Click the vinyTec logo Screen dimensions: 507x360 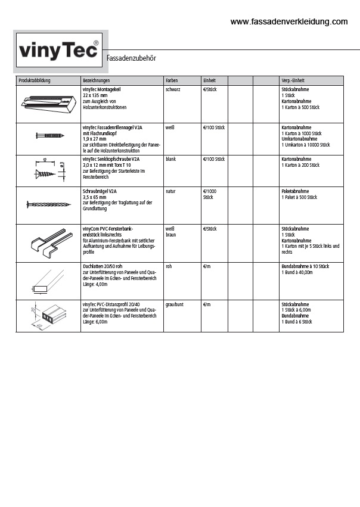pyautogui.click(x=58, y=51)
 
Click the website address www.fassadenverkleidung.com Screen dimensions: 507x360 pyautogui.click(x=288, y=21)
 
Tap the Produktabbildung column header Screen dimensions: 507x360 pyautogui.click(x=35, y=80)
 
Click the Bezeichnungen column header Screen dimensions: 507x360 pyautogui.click(x=96, y=80)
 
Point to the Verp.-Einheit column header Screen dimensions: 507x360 pyautogui.click(x=293, y=80)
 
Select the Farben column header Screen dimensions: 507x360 pyautogui.click(x=172, y=80)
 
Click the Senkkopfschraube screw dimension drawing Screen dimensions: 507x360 pyautogui.click(x=48, y=169)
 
